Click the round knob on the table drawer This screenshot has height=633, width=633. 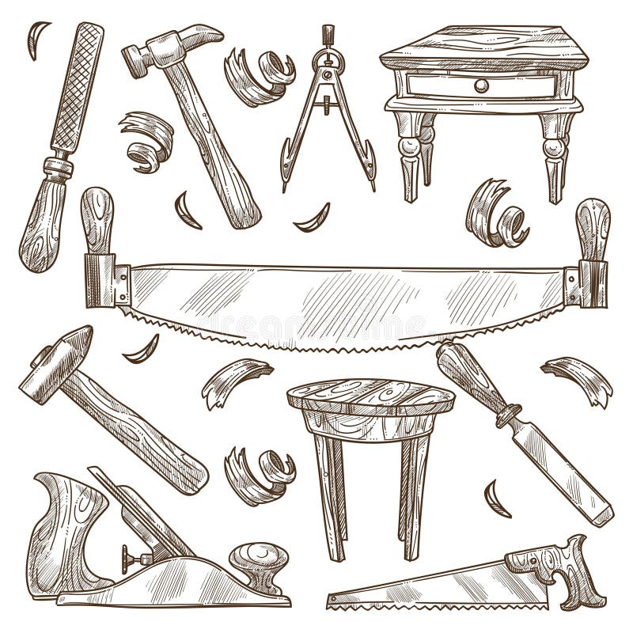[479, 85]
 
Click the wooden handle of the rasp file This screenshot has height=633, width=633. [41, 222]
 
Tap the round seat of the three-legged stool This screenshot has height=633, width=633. [370, 396]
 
